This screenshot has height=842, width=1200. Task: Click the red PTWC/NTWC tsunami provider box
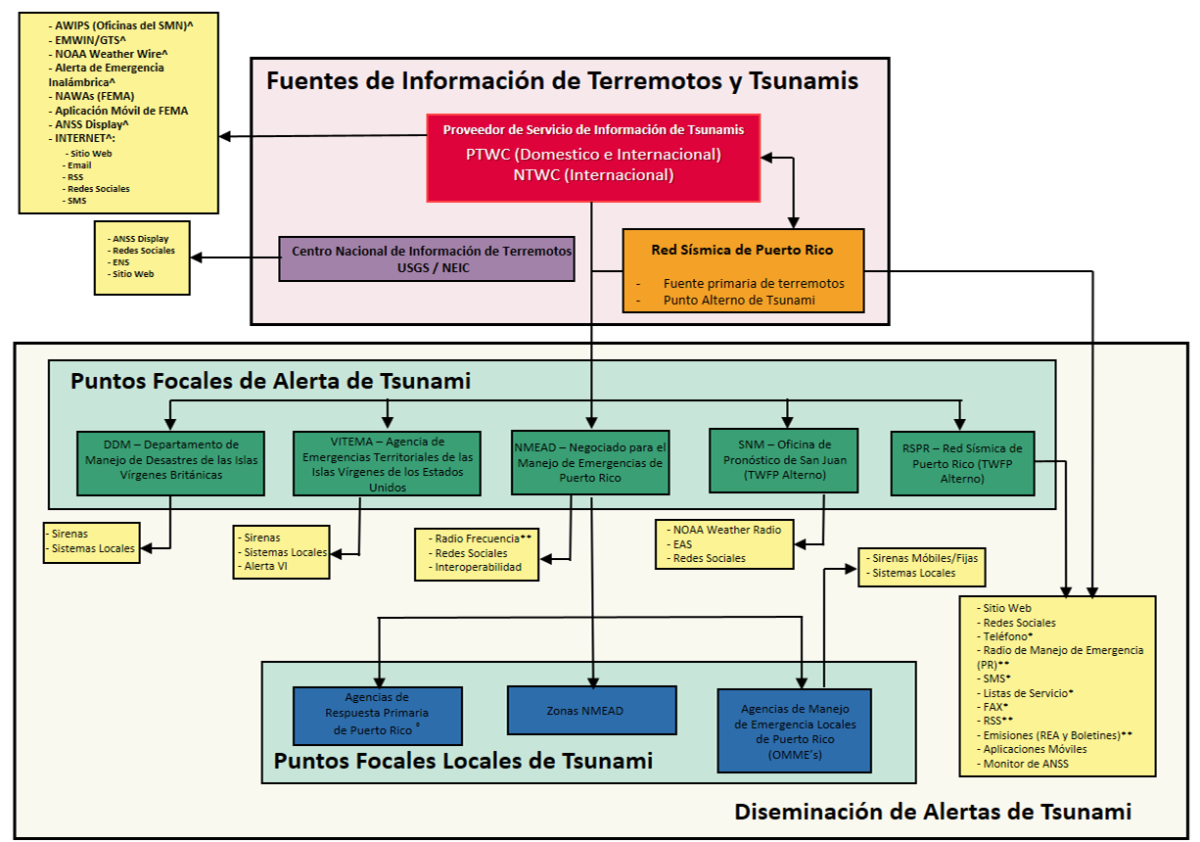coord(593,158)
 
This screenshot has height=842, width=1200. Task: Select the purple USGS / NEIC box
coord(426,258)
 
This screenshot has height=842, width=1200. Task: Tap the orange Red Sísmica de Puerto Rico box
coord(743,271)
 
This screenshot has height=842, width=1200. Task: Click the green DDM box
coord(170,462)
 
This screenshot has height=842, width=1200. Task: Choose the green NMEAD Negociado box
coord(590,461)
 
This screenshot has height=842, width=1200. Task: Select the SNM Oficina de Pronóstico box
coord(784,460)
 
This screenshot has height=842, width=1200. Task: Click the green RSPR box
coord(962,462)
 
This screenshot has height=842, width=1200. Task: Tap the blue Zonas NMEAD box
coord(591,710)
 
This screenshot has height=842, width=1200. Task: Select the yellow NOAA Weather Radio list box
coord(725,543)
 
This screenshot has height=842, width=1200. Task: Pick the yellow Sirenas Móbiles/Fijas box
coord(921,565)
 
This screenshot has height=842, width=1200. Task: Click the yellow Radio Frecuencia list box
coord(476,553)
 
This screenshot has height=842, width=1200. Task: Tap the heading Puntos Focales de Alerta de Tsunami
coord(270,381)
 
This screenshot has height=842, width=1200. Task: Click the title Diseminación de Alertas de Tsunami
coord(932,811)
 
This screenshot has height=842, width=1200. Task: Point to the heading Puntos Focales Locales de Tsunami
coord(463,761)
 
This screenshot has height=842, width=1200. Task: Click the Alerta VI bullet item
coord(266,567)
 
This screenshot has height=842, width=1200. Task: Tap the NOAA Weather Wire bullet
coord(111,53)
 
